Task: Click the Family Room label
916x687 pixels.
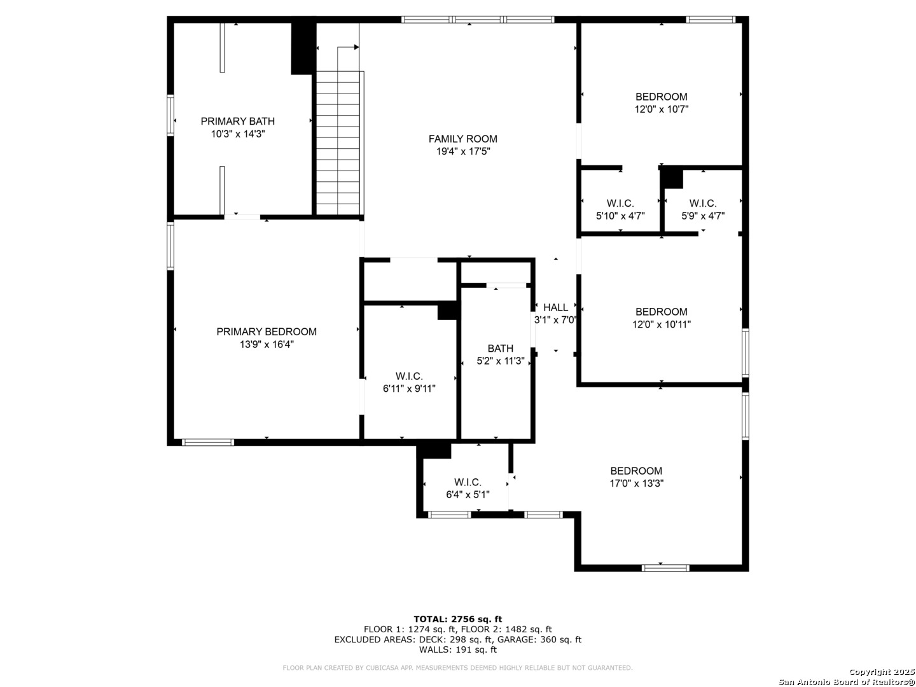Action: (462, 139)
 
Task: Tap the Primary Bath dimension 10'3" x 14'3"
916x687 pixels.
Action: (237, 134)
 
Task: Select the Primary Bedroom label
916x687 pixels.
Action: (267, 331)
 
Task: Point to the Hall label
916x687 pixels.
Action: (555, 307)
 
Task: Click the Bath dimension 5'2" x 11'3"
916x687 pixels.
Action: (500, 361)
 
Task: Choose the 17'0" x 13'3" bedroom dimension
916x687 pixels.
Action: (636, 483)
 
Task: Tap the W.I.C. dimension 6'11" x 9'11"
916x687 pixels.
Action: (408, 389)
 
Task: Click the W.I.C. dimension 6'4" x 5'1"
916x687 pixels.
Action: (468, 495)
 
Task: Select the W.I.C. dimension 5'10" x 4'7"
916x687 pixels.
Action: (620, 216)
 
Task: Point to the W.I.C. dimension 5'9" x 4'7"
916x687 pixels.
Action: (703, 216)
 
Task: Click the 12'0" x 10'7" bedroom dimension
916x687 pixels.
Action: (661, 109)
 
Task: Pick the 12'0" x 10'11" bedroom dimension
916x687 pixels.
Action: (661, 324)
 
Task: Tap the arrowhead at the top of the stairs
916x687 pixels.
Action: (356, 47)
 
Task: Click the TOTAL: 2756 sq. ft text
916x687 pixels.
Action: (457, 619)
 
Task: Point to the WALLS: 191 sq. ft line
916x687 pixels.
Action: (457, 649)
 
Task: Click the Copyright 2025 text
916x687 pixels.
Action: (881, 672)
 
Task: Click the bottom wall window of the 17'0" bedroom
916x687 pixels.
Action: (665, 568)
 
